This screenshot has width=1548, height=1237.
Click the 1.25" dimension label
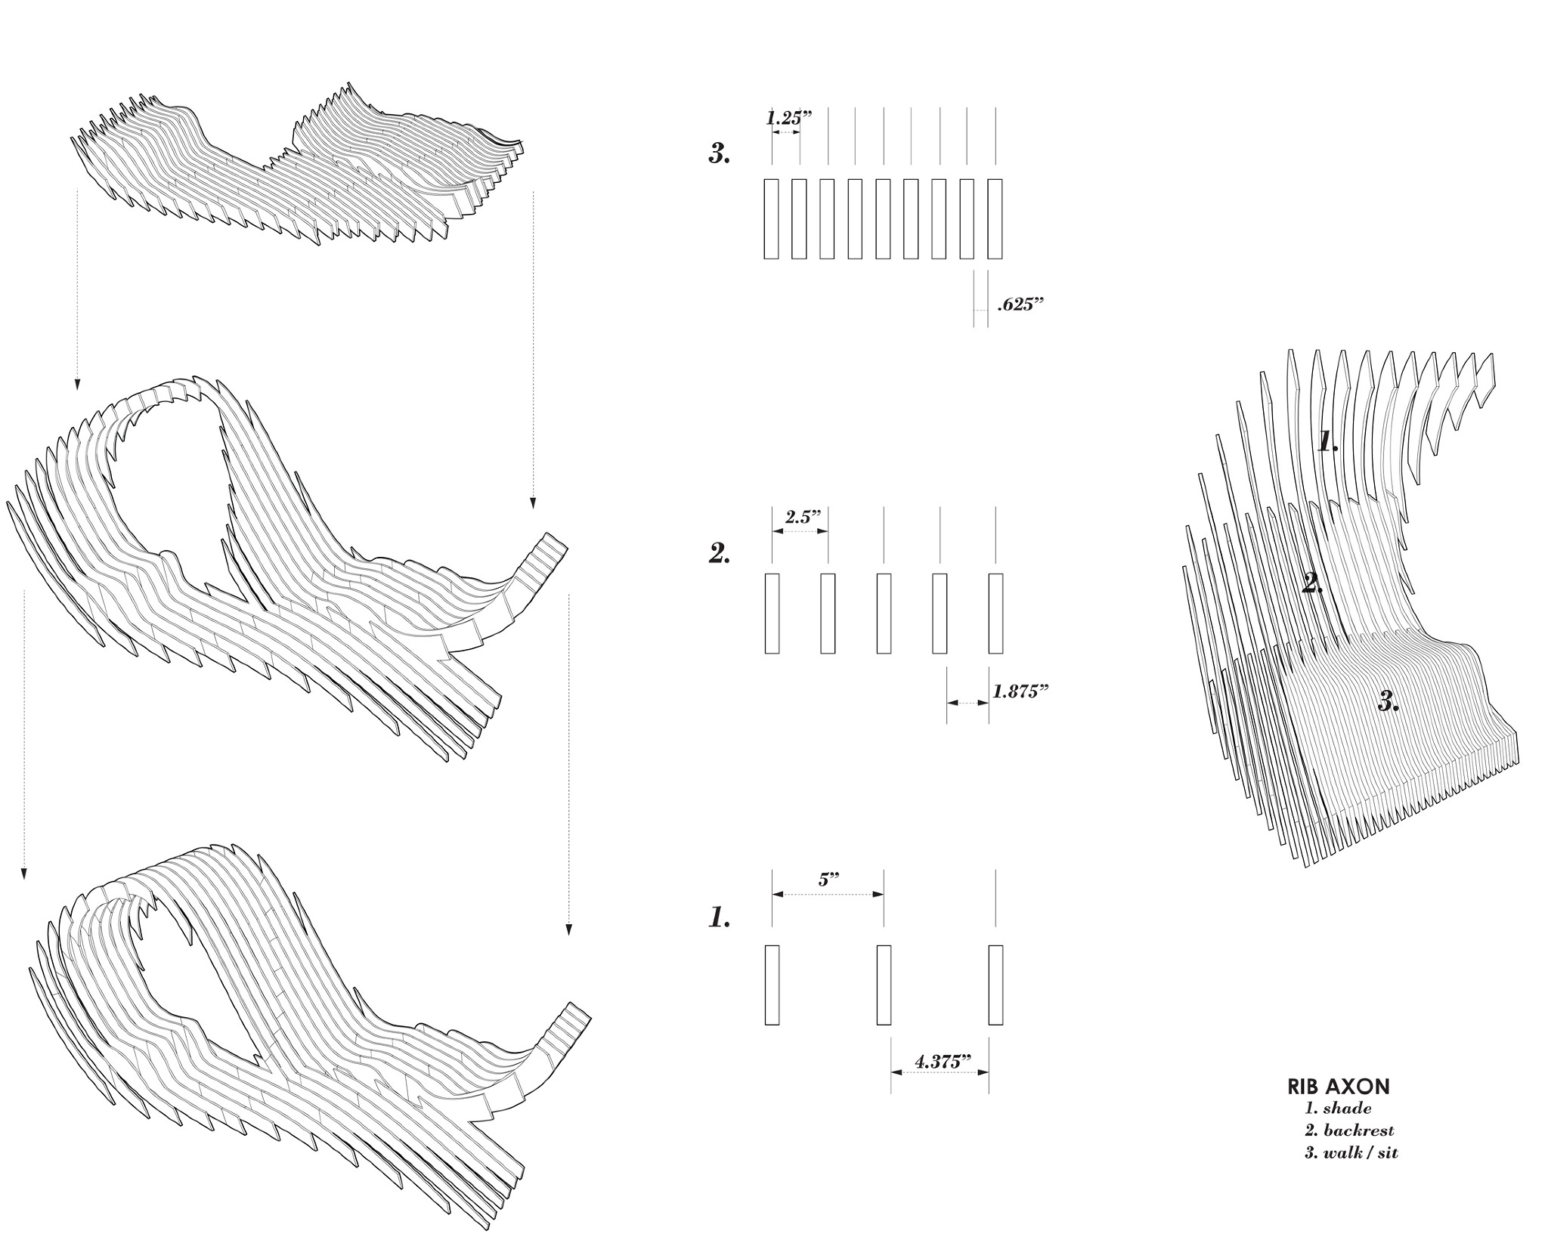point(788,119)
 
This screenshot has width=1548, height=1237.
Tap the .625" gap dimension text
point(1020,305)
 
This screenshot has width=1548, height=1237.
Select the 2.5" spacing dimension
point(802,518)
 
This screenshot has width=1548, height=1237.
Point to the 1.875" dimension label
point(1020,691)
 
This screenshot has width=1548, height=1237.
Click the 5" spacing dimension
point(828,880)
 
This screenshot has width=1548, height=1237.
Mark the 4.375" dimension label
point(942,1062)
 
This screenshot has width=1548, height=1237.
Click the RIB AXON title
point(1338,1087)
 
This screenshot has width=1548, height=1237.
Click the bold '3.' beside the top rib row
point(720,154)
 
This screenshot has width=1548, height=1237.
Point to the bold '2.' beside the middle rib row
point(720,554)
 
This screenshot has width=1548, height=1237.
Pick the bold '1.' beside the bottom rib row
point(720,918)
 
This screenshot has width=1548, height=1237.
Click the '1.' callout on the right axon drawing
point(1328,441)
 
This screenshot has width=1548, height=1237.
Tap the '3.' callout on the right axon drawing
point(1388,702)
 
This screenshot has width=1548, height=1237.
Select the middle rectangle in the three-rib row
point(884,985)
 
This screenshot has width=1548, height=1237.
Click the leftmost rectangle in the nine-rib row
point(771,219)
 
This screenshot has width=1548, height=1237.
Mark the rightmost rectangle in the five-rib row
point(995,613)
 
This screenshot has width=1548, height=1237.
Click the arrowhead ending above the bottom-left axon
point(24,874)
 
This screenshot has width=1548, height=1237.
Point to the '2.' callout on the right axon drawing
point(1313,583)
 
